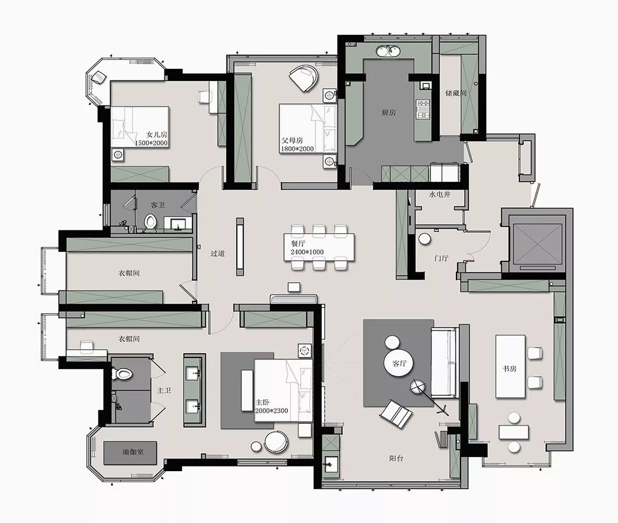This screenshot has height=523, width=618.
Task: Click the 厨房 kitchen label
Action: click(388, 113)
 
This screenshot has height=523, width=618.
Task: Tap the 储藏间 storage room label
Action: click(456, 93)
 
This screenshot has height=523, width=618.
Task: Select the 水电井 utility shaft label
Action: click(440, 194)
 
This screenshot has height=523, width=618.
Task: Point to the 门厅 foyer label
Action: click(441, 258)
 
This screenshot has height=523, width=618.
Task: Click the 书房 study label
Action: click(509, 369)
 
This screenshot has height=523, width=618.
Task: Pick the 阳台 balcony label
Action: click(396, 458)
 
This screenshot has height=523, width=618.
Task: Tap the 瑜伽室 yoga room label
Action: click(133, 452)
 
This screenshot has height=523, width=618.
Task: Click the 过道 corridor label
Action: click(217, 254)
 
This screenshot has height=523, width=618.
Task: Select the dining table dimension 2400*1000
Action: click(307, 252)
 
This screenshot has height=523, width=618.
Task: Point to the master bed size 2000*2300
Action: click(272, 410)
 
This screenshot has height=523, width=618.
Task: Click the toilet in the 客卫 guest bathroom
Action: click(150, 222)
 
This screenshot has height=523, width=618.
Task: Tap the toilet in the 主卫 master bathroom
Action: click(122, 374)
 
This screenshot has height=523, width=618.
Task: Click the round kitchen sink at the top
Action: click(388, 51)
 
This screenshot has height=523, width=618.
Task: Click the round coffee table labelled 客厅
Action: click(399, 363)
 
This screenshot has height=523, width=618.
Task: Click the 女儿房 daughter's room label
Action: click(157, 135)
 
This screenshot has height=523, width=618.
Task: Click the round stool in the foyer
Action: click(424, 239)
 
